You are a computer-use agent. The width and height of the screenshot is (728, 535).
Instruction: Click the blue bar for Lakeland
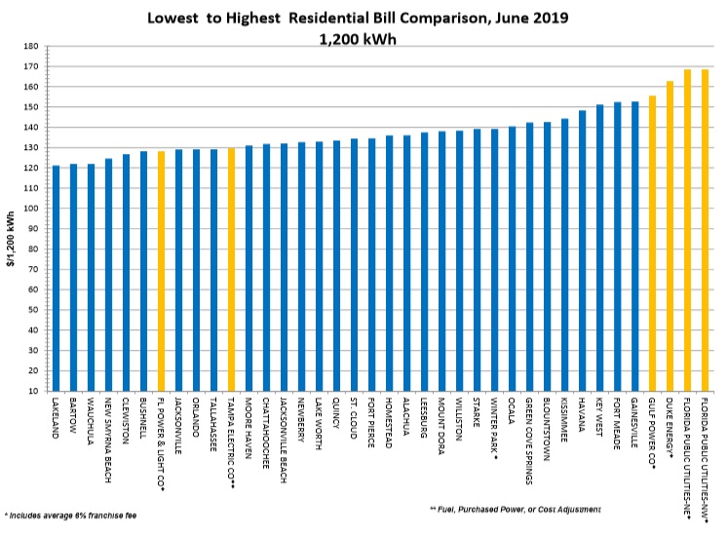point(56,278)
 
